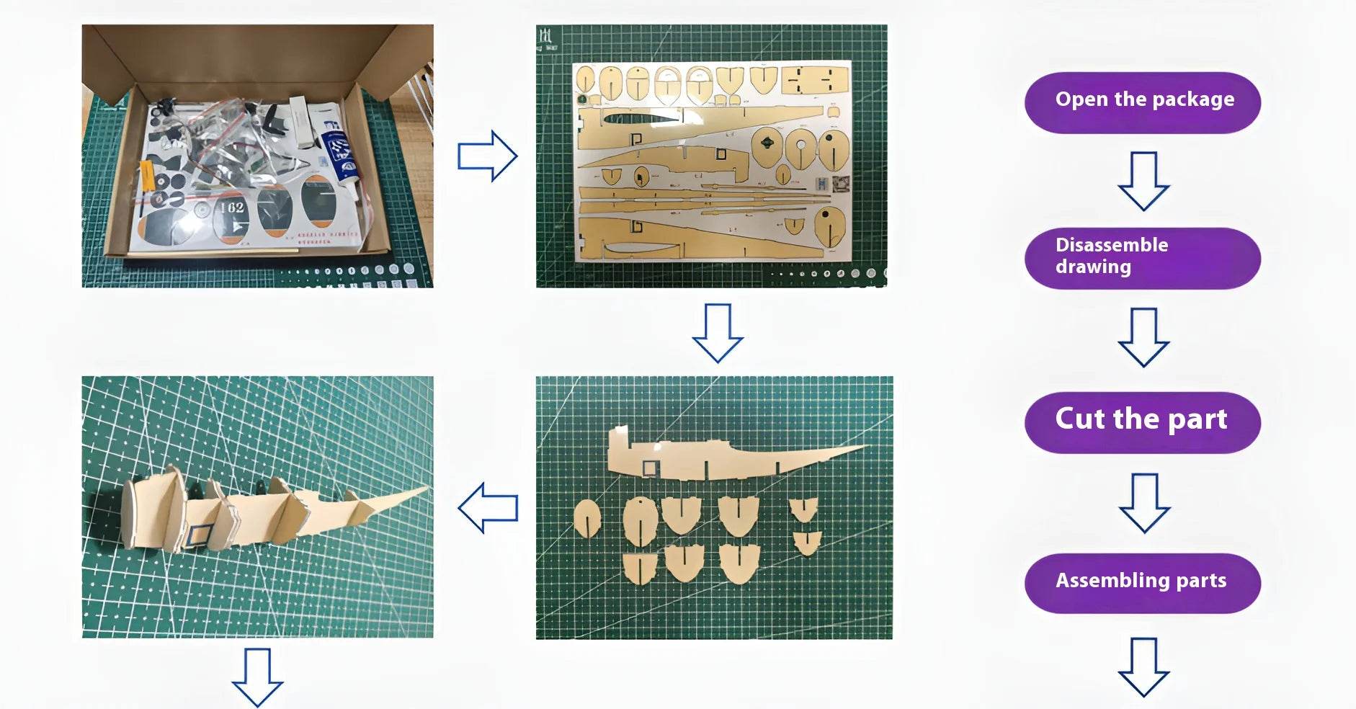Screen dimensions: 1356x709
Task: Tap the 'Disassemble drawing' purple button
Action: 1143,258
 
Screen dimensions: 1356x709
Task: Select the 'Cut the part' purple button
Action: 1143,422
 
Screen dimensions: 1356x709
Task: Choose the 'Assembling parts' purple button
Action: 1143,583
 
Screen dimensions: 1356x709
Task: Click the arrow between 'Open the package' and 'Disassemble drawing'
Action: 1143,181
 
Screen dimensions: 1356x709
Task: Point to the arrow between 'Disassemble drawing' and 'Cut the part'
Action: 1143,337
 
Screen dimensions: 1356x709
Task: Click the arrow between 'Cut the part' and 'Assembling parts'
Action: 1144,503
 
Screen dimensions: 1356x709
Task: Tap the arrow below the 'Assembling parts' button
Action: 1143,666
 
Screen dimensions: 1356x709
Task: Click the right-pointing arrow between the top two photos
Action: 487,156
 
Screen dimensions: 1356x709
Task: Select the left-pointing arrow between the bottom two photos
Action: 488,508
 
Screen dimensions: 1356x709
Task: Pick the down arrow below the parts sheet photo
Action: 718,333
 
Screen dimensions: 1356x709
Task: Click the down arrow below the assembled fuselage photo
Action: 257,677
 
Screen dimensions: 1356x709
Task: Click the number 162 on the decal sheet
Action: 232,208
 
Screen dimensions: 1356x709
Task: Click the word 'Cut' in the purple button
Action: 1080,419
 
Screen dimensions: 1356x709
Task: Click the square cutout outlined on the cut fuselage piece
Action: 650,468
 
